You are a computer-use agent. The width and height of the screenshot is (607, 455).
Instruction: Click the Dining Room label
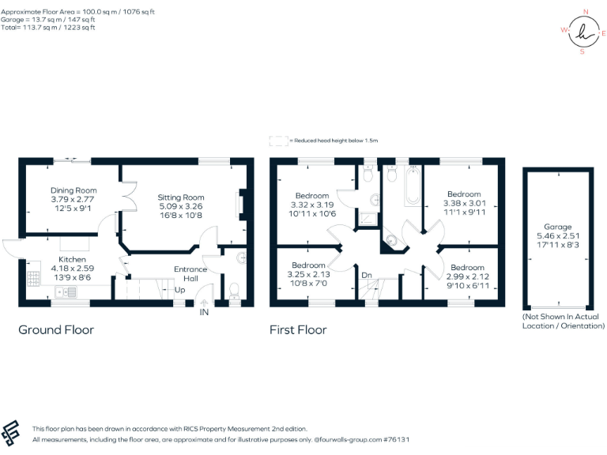pos(74,190)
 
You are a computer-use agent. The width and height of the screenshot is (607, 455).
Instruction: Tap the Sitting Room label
pos(181,197)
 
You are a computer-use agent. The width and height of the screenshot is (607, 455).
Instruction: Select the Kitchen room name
pos(72,259)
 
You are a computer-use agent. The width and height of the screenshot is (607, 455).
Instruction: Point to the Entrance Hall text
pos(190,274)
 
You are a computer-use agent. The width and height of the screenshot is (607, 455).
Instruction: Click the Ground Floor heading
pos(56,329)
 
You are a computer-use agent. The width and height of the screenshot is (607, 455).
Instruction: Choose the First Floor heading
pos(298,329)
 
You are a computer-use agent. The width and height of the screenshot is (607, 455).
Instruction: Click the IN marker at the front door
pos(204,314)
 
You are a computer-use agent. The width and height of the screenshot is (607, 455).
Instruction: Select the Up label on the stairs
pos(180,289)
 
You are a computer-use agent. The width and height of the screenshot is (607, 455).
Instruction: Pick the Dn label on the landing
pos(367,275)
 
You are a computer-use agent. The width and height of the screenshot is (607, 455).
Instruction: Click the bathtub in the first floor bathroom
pos(413,186)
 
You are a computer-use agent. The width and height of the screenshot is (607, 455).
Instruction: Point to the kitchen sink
pos(66,292)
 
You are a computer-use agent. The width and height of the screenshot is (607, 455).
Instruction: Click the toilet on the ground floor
pos(234,292)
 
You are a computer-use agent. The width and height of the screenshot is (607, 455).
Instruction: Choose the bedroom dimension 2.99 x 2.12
pos(467,276)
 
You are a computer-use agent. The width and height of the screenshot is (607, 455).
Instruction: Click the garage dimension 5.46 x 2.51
pos(556,235)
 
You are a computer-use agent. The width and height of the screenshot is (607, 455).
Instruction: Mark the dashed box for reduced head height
pos(278,141)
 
